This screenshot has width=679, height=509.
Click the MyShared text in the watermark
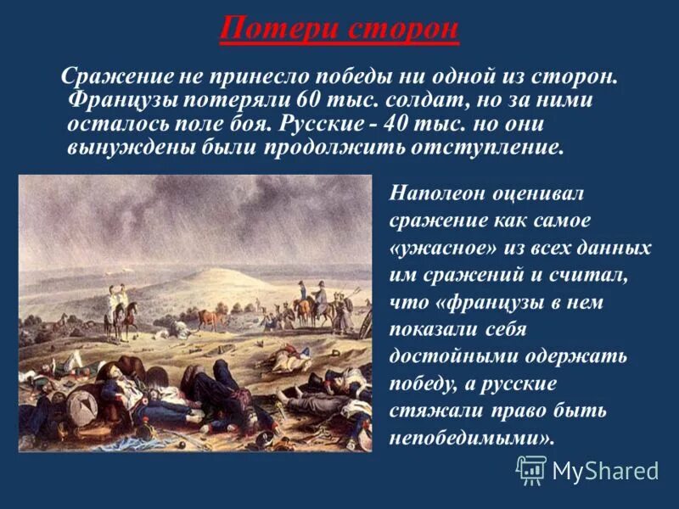pyautogui.click(x=605, y=469)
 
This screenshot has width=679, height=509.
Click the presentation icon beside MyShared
pyautogui.click(x=531, y=469)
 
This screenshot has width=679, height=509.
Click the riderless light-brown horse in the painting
pyautogui.click(x=210, y=319)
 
